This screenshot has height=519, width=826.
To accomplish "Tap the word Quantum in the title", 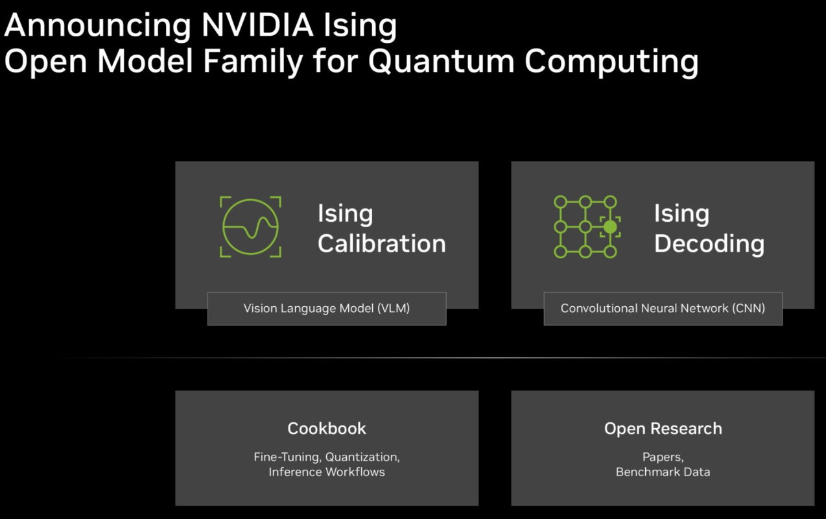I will pyautogui.click(x=442, y=62).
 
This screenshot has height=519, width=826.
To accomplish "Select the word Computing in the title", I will pyautogui.click(x=611, y=63).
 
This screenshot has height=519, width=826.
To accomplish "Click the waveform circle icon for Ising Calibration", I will pyautogui.click(x=250, y=227).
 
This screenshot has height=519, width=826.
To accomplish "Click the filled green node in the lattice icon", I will pyautogui.click(x=609, y=227).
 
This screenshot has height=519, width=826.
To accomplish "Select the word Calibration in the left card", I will pyautogui.click(x=382, y=244).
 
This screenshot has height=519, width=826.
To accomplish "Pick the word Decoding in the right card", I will pyautogui.click(x=709, y=244).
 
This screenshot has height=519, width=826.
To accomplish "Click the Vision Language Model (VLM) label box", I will pyautogui.click(x=327, y=309).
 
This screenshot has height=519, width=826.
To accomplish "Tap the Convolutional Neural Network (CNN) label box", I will pyautogui.click(x=663, y=309).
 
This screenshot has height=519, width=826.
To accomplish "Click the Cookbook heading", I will pyautogui.click(x=327, y=428).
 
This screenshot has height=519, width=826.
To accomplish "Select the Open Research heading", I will pyautogui.click(x=663, y=428).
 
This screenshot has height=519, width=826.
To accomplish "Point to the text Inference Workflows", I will pyautogui.click(x=327, y=472).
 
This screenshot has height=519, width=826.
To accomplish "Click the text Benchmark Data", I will pyautogui.click(x=663, y=472).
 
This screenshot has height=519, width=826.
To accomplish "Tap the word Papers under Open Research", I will pyautogui.click(x=662, y=457).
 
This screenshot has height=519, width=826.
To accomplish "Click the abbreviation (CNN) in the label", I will pyautogui.click(x=748, y=309).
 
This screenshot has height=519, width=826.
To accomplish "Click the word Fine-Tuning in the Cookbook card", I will pyautogui.click(x=286, y=457).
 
